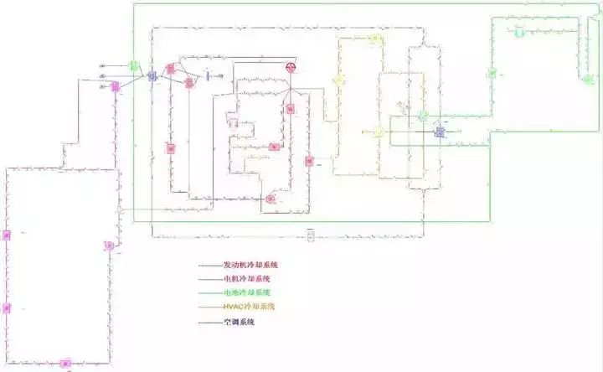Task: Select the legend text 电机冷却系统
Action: pos(247,278)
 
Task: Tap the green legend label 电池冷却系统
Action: pos(247,292)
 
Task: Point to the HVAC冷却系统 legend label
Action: pos(249,307)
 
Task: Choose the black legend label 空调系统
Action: pos(239,322)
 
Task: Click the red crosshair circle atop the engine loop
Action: pos(292,66)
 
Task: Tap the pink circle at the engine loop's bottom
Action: pos(271,199)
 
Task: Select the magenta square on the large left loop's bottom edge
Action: pos(65,364)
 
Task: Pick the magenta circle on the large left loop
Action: pos(109,245)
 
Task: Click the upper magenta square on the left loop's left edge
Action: pos(6,234)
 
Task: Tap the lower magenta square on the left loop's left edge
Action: pos(6,308)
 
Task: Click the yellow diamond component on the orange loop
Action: pos(339,80)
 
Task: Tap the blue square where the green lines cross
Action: pos(441,132)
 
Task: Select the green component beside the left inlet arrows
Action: pos(133,65)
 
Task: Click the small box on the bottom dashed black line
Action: pos(311,237)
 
